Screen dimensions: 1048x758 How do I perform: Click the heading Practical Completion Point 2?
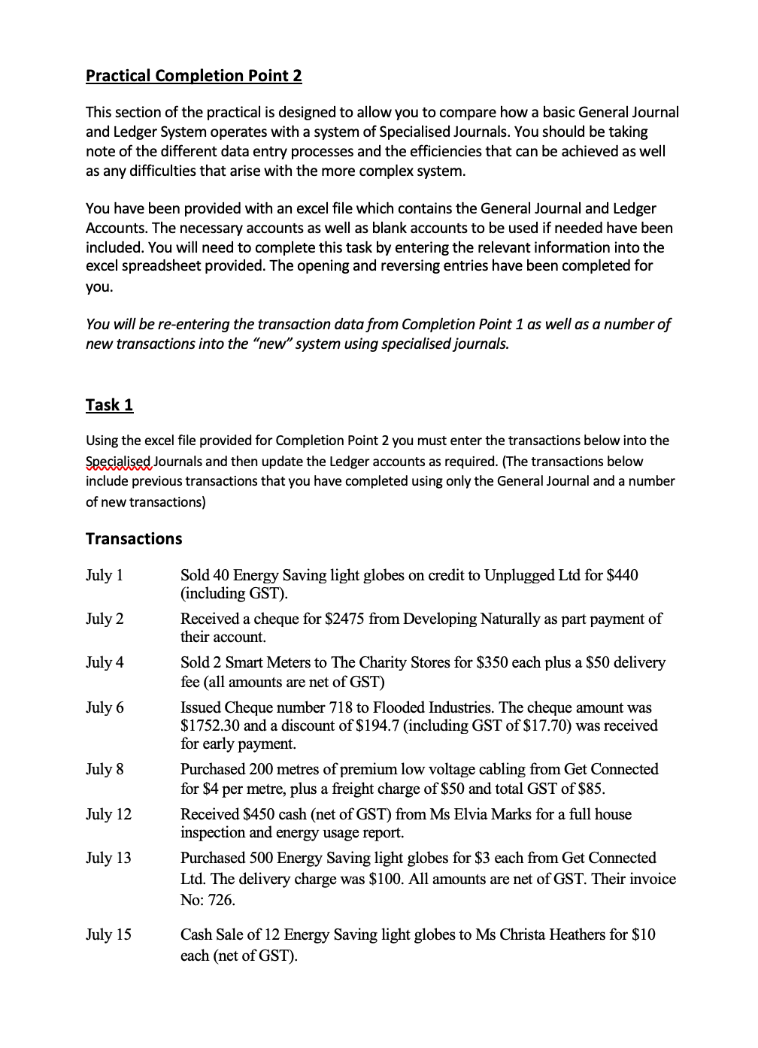pyautogui.click(x=193, y=76)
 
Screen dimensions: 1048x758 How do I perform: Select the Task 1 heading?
pyautogui.click(x=109, y=405)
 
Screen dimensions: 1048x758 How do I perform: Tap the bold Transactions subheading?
pyautogui.click(x=134, y=539)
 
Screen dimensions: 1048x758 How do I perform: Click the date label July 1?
pyautogui.click(x=105, y=576)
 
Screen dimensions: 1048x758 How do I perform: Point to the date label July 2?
pyautogui.click(x=105, y=619)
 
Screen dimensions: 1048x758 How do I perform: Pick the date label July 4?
pyautogui.click(x=105, y=663)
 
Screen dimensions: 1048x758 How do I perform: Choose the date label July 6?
pyautogui.click(x=105, y=708)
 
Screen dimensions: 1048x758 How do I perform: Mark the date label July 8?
pyautogui.click(x=105, y=770)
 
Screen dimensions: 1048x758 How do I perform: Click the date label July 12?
pyautogui.click(x=108, y=815)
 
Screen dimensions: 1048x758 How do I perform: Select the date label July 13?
pyautogui.click(x=108, y=859)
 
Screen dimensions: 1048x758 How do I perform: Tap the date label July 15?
pyautogui.click(x=108, y=935)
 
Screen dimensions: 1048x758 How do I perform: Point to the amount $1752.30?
pyautogui.click(x=211, y=726)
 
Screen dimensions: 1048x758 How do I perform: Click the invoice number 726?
pyautogui.click(x=222, y=901)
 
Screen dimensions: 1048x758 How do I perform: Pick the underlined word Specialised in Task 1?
pyautogui.click(x=118, y=462)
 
